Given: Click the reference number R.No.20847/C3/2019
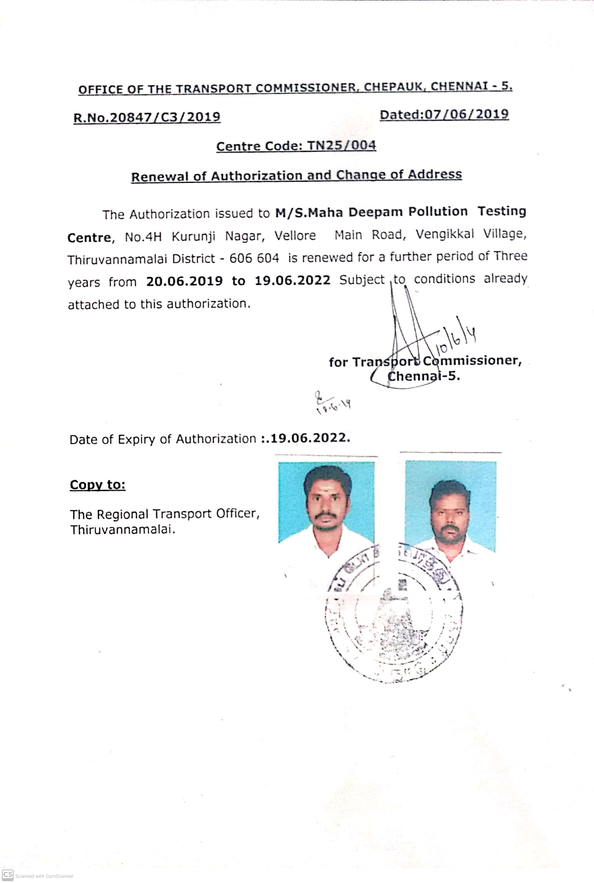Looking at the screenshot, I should [147, 117].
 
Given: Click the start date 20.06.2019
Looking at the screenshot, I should [184, 281].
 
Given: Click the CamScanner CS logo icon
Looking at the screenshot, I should [8, 875].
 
